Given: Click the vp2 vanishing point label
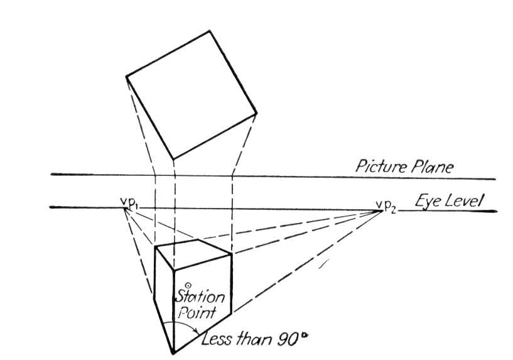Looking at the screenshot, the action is [386, 206].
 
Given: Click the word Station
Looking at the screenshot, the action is [200, 297].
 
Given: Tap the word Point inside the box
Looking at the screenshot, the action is [197, 312].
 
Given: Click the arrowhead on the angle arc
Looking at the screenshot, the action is [197, 332].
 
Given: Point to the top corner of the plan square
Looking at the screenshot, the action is [209, 31].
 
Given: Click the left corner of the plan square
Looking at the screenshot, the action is [126, 77].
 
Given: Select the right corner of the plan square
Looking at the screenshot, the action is [256, 113].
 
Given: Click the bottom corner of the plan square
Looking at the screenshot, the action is [173, 160].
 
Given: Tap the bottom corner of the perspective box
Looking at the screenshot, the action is [173, 354].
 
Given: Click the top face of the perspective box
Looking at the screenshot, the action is [193, 254].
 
